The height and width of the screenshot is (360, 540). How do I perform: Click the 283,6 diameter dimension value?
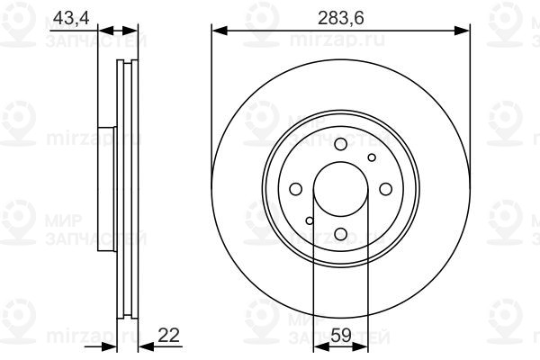pos(340,18)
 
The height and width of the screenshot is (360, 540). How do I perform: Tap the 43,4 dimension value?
pos(71,18)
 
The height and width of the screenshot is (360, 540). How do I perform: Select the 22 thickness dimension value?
pos(168,335)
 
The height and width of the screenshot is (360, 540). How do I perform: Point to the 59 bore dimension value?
pos(341,335)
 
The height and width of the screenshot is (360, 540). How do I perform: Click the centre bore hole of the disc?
pos(340,189)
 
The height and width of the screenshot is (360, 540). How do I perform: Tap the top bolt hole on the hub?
pos(340,144)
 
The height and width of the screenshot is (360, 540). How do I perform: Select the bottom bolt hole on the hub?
pos(340,234)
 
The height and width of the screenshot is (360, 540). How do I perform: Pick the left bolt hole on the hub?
pos(296,189)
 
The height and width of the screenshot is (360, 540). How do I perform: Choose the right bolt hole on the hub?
pos(386,189)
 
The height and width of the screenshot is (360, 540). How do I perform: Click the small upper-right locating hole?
pos(372,157)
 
